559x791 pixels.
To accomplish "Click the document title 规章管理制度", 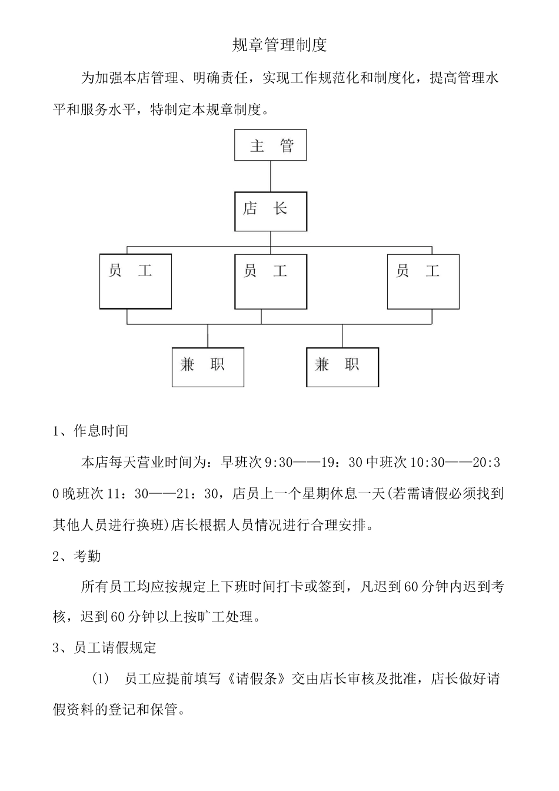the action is click(x=279, y=45).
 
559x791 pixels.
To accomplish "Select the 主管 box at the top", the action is click(x=271, y=145).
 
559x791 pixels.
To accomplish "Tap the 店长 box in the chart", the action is click(x=271, y=211).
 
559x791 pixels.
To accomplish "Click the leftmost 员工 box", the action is click(x=135, y=281).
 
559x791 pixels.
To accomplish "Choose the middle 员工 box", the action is click(x=271, y=281).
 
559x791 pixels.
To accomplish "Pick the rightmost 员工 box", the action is click(x=423, y=281).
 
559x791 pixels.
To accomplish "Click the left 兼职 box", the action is click(x=208, y=367).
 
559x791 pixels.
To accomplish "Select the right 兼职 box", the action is click(x=342, y=367).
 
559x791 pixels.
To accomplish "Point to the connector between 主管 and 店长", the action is click(x=271, y=176).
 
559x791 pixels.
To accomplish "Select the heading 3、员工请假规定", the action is click(x=105, y=648).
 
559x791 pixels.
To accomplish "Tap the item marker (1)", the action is click(x=101, y=679).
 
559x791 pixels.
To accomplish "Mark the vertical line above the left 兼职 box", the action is click(x=208, y=335).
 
